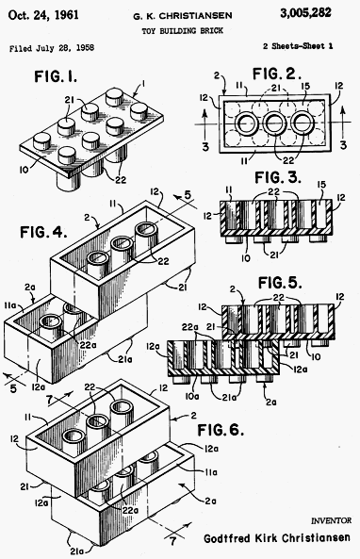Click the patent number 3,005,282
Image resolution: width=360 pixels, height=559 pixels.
(x=305, y=13)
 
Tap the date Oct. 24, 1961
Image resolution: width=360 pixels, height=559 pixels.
(x=43, y=15)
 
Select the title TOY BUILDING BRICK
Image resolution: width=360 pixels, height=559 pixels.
(x=183, y=31)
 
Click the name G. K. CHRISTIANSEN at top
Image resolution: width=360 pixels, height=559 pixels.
(x=183, y=16)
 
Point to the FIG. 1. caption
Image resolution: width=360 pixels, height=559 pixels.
(x=56, y=76)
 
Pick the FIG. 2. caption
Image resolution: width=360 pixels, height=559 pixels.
(x=277, y=74)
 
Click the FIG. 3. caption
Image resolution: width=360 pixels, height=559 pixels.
(x=278, y=177)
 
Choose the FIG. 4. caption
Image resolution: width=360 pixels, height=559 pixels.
(x=43, y=232)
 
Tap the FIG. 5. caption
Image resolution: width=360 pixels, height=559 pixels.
(x=280, y=283)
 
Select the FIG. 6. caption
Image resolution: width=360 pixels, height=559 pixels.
(x=221, y=430)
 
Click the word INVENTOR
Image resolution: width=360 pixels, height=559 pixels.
(x=331, y=521)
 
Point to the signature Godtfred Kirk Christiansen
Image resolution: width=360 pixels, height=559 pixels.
(x=277, y=537)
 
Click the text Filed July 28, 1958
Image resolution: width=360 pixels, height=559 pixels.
(x=52, y=48)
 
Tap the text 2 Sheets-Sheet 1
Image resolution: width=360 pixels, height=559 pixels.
(x=298, y=46)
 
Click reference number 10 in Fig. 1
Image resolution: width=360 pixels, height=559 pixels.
(x=25, y=170)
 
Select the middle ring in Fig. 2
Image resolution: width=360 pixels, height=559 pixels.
(x=275, y=123)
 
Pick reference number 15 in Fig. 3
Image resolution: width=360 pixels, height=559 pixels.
(x=321, y=185)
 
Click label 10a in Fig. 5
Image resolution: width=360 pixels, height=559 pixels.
(x=193, y=396)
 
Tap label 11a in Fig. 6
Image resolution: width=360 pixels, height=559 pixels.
(x=211, y=472)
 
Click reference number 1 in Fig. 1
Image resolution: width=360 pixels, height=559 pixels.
(x=143, y=84)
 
